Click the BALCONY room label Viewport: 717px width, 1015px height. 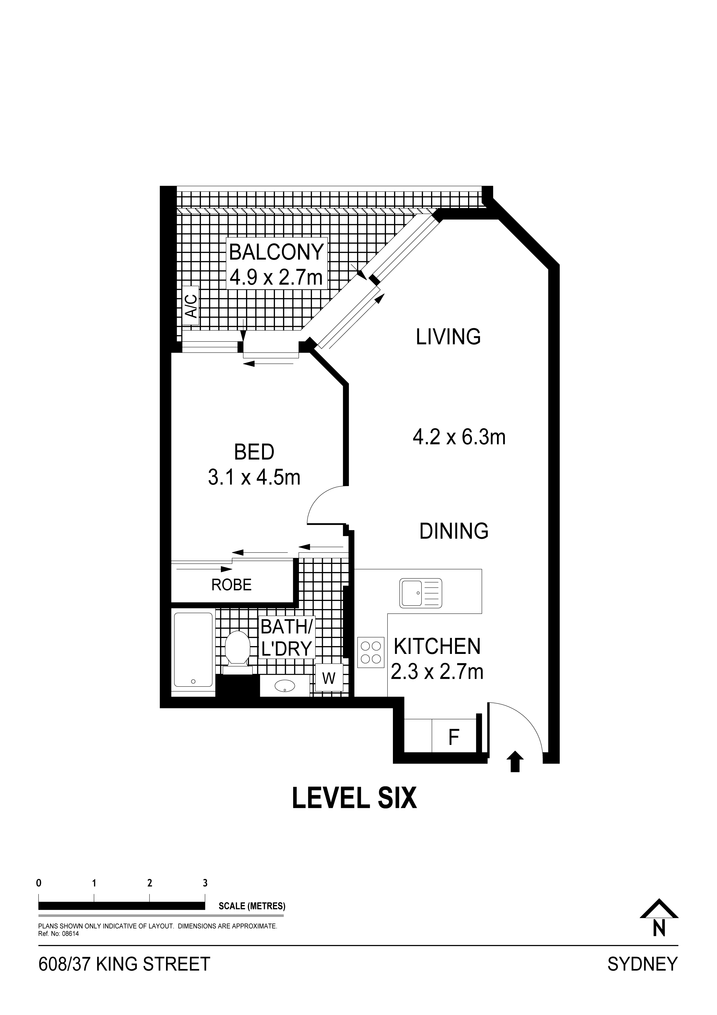(277, 252)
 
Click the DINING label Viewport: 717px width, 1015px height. (454, 531)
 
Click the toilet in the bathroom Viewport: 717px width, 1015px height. (237, 652)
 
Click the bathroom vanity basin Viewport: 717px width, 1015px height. (285, 686)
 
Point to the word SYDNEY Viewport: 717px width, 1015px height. (642, 964)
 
